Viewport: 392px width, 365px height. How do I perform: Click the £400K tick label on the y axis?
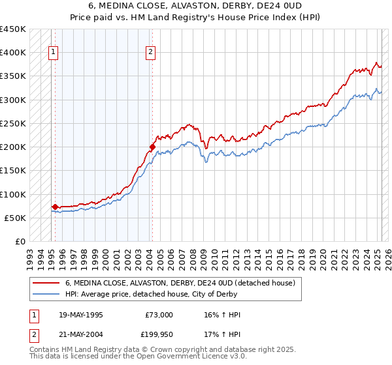click(x=13, y=53)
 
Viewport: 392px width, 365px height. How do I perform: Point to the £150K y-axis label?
click(x=13, y=171)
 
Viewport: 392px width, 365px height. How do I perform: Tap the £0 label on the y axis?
click(x=20, y=242)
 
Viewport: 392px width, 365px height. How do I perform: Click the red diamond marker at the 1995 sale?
click(x=55, y=207)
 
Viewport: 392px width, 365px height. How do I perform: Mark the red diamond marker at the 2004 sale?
click(x=152, y=147)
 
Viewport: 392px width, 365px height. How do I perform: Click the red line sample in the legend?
click(x=46, y=283)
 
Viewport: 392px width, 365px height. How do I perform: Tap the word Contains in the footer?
click(x=44, y=351)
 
